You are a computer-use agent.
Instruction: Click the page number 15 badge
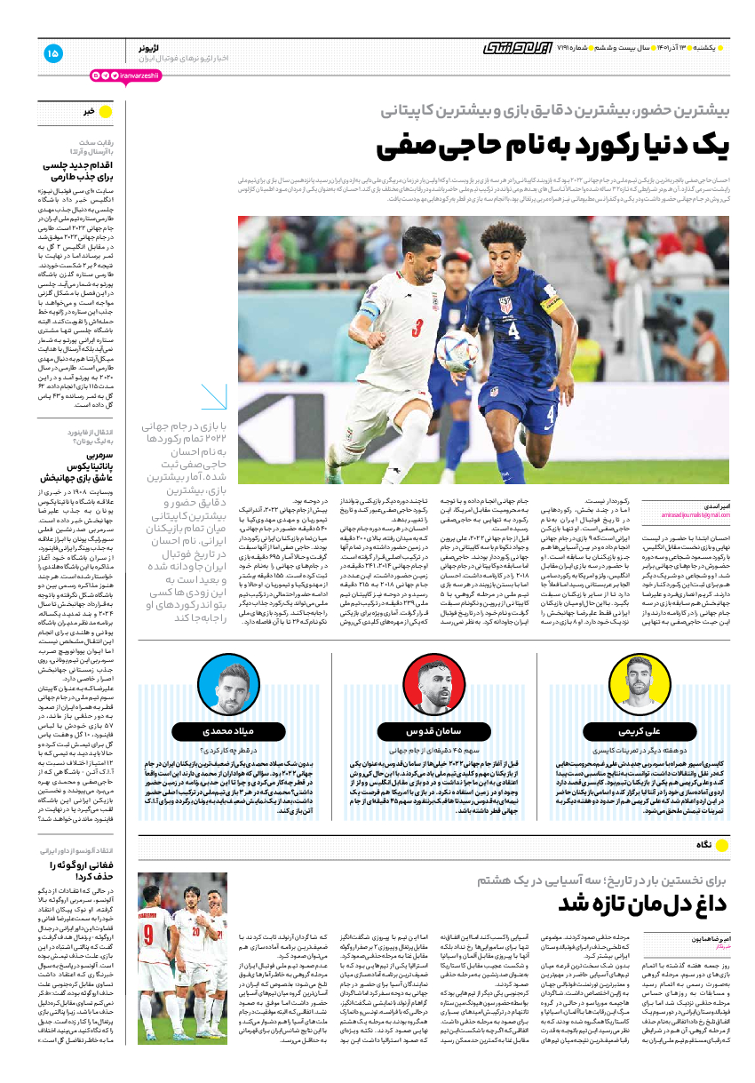coord(52,53)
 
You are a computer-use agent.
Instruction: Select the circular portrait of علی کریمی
coord(643,683)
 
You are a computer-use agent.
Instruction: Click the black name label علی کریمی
coord(643,730)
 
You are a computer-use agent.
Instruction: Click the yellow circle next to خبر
coord(104,112)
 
